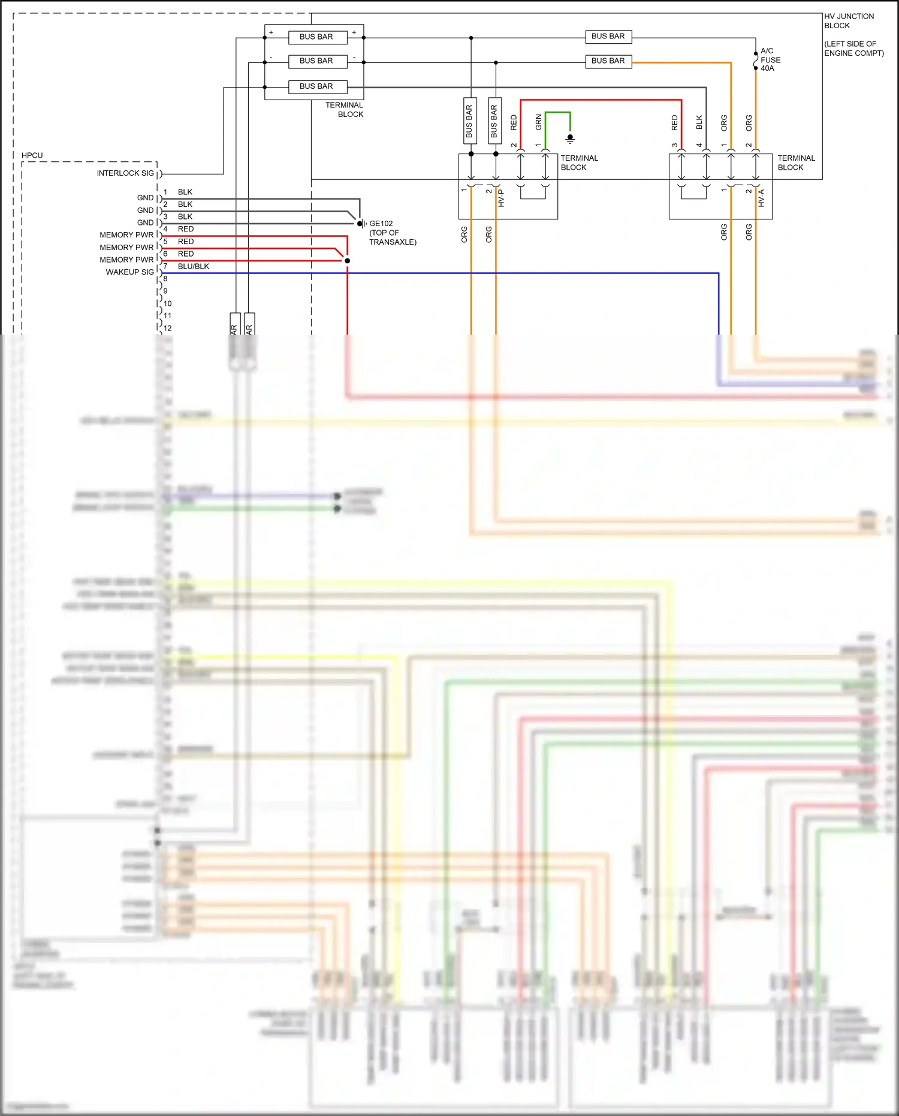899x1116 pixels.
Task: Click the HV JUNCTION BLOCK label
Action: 848,20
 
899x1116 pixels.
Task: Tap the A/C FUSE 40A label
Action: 770,59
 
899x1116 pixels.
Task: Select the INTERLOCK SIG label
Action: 125,173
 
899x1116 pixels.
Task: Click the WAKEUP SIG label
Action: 129,272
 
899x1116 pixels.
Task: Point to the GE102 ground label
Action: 381,224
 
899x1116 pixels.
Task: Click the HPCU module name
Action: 32,155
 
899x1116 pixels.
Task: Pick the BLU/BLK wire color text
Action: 193,266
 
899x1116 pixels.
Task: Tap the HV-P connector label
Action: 501,198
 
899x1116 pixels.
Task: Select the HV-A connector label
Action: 761,198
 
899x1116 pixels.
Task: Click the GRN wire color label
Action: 538,122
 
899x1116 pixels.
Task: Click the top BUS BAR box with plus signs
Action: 316,37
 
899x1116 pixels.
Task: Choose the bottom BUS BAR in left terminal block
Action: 316,86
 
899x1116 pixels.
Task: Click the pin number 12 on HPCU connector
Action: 168,328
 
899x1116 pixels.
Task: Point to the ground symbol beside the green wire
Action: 570,139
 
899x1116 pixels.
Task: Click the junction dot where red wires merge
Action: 347,261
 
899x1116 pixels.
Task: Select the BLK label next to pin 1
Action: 185,192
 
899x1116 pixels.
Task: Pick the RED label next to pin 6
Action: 185,254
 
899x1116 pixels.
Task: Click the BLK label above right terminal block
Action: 699,122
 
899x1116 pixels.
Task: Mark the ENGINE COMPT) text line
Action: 853,53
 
